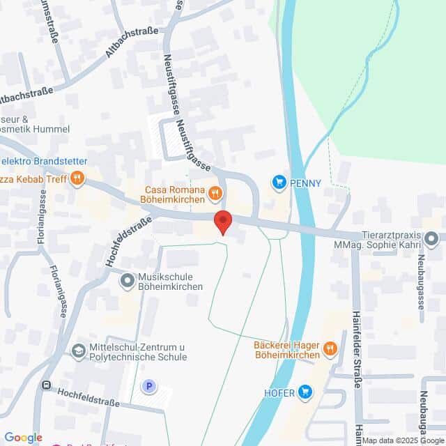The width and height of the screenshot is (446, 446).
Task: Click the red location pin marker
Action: click(x=222, y=222)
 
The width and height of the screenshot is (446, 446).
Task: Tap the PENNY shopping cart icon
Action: click(x=279, y=183)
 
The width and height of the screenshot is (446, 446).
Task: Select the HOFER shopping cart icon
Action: click(x=305, y=392)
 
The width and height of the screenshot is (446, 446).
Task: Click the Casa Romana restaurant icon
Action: click(x=216, y=192)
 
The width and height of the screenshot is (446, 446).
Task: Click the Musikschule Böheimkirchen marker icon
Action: click(x=128, y=282)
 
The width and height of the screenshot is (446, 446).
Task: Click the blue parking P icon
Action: click(x=148, y=386)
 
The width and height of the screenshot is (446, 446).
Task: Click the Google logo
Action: click(x=23, y=438)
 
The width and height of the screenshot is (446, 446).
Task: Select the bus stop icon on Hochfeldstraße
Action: click(x=47, y=385)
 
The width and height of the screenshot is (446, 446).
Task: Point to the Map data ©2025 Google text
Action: click(x=403, y=440)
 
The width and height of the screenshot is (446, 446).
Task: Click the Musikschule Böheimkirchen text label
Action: click(x=170, y=282)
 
